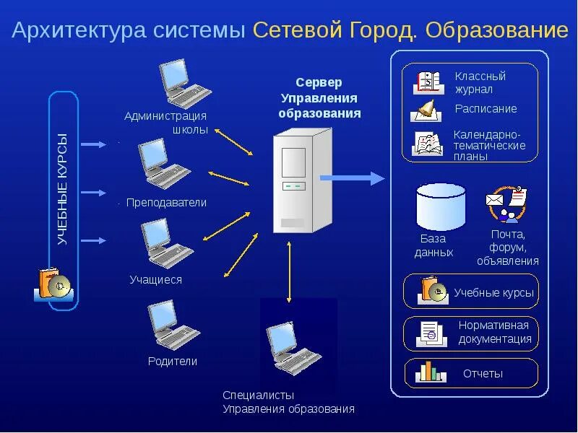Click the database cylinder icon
tap(441, 206)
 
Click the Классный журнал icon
tap(427, 82)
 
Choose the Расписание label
tap(486, 109)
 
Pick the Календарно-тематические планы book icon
tap(427, 144)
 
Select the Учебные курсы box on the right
tap(470, 292)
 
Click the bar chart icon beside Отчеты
tap(428, 372)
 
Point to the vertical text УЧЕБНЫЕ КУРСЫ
tap(63, 189)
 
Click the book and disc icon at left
tap(52, 285)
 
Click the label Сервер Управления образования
tap(319, 98)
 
